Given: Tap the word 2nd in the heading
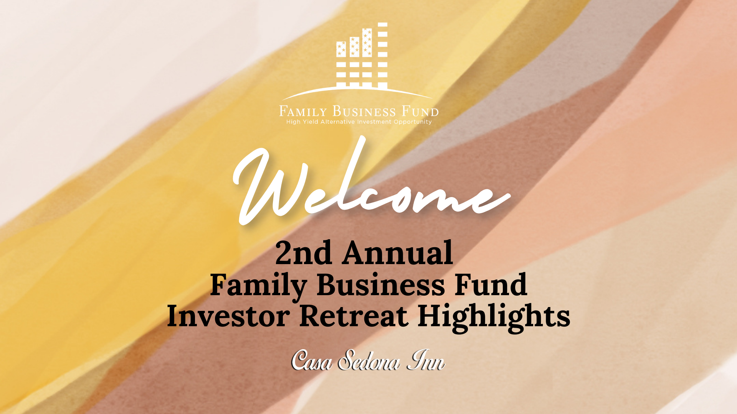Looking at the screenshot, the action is coord(304,253).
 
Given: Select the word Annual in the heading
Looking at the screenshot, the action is coord(398,253).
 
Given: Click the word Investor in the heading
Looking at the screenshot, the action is coord(228,316).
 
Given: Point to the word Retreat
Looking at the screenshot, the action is coord(354,316).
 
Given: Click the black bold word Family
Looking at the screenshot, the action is coord(258,286).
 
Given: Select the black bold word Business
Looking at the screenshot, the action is coord(381,284).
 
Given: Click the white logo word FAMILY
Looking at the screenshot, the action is coord(303,111).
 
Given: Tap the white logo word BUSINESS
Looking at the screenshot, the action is coord(364,111).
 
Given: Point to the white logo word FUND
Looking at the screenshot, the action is coord(420,111).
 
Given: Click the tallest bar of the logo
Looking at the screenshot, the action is coord(383,55).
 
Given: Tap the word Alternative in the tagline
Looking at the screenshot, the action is coord(338,122).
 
